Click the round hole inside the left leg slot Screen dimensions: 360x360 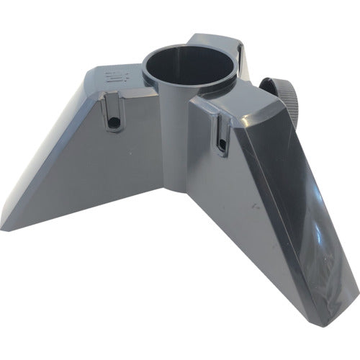pyautogui.click(x=112, y=125)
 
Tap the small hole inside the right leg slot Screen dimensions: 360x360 pyautogui.click(x=221, y=147)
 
